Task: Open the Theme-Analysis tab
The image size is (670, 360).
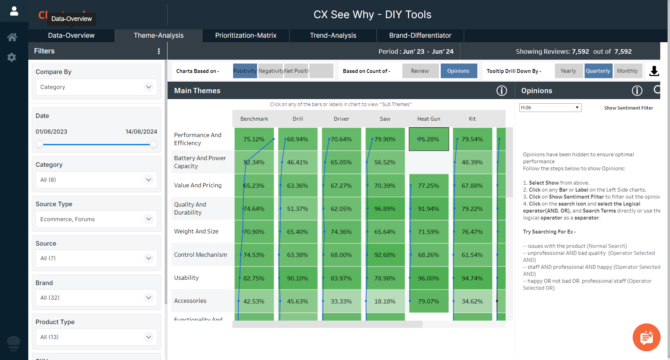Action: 158,36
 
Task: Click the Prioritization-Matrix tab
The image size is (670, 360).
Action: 246,36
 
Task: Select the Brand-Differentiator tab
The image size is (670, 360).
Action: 420,36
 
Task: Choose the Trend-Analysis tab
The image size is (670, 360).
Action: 333,36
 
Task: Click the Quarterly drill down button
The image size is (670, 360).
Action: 598,71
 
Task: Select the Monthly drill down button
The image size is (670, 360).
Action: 627,71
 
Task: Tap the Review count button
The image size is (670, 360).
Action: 420,71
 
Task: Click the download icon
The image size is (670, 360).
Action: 654,71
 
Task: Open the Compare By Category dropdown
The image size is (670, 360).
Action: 96,87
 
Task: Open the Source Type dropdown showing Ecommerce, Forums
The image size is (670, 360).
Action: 96,219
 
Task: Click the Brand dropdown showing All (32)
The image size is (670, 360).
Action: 96,298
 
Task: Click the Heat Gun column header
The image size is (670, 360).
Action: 429,119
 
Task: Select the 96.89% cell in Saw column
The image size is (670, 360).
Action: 385,209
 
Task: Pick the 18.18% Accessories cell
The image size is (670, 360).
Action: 385,301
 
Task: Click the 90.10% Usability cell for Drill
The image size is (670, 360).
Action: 298,278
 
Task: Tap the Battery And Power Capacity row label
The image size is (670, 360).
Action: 200,162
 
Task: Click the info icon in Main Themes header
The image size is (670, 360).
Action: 501,91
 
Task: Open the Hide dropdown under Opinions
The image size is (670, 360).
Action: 550,107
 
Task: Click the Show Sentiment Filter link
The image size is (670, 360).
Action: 628,108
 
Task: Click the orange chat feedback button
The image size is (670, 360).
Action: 646,337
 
